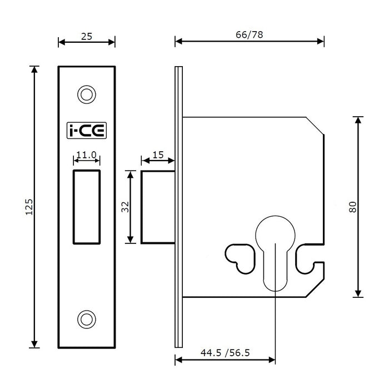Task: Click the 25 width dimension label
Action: coord(87,37)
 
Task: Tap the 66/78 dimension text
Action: coord(250,34)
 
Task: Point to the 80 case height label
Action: coord(352,206)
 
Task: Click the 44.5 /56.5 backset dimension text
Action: coord(225,352)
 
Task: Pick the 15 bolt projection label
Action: coord(158,155)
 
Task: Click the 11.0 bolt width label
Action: coord(87,155)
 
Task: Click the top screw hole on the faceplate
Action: coord(86,94)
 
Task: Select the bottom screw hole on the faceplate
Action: coord(86,319)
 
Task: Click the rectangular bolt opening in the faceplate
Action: coord(87,207)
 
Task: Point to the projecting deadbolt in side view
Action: coord(158,207)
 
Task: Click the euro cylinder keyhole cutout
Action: coord(276,250)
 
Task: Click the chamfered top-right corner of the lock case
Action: coord(316,126)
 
